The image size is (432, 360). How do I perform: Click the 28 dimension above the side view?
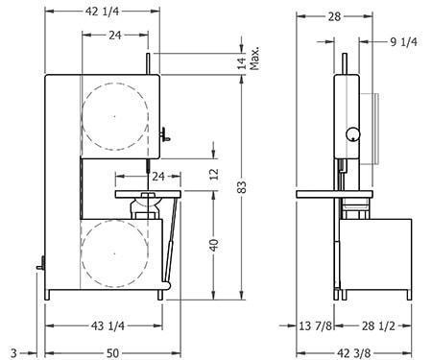pos(334,16)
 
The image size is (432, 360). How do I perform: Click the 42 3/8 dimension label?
pos(355,353)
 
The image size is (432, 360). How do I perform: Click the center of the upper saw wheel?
pos(113,114)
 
